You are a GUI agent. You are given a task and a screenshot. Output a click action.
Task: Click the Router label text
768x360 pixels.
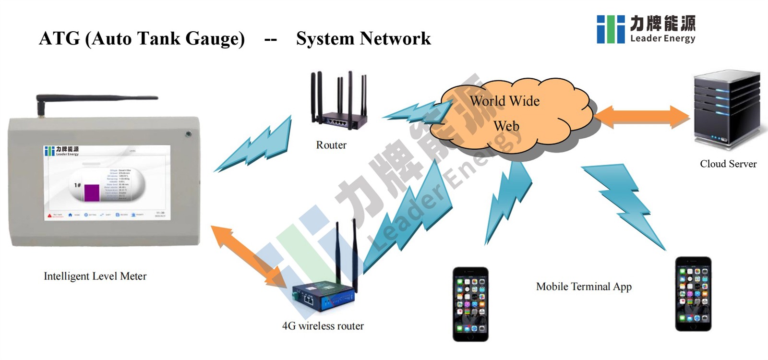click(x=331, y=145)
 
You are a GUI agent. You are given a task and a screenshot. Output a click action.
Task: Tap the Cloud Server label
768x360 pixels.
click(x=728, y=164)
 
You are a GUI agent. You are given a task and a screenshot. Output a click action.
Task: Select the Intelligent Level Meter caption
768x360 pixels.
click(x=95, y=276)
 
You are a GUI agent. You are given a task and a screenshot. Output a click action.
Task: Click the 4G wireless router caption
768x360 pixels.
click(x=323, y=326)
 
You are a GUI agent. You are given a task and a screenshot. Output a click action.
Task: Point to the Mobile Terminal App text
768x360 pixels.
click(x=584, y=287)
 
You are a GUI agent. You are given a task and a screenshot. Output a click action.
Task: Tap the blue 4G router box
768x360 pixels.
click(x=324, y=295)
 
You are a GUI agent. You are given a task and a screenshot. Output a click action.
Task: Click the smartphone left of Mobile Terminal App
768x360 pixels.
click(x=470, y=304)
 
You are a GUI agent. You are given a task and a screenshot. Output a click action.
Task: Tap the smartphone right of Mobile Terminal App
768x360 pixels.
click(x=693, y=294)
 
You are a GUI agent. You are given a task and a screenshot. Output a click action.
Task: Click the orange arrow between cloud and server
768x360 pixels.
click(x=642, y=117)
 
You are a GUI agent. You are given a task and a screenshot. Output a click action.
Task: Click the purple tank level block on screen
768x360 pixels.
click(x=92, y=192)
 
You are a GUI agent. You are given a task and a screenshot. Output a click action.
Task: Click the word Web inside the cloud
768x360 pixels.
click(x=506, y=126)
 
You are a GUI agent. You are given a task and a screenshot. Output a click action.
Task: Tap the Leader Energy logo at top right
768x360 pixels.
click(x=646, y=29)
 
